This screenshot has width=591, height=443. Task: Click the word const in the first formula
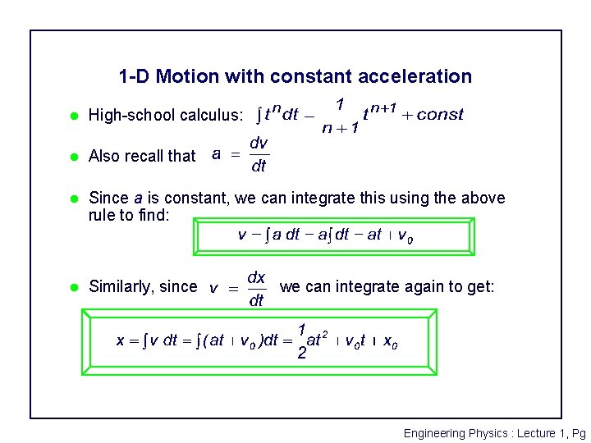click(x=440, y=115)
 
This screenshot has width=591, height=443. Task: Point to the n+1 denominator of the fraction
click(x=339, y=128)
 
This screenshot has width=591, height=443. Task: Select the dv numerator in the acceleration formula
click(x=259, y=143)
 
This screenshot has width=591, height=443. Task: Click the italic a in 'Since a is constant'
click(x=140, y=198)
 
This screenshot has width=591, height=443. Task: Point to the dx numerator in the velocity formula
click(x=256, y=277)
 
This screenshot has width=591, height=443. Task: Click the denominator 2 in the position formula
click(x=302, y=354)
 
